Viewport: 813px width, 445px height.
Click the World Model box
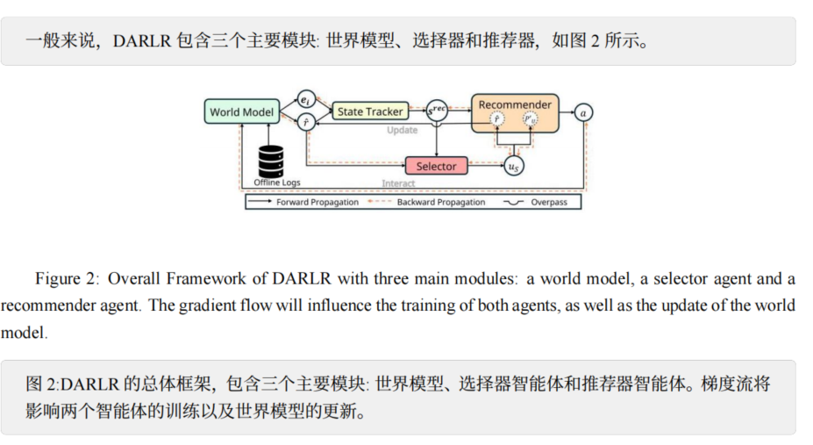[x=242, y=111]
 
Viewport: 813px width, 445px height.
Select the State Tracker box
[x=370, y=111]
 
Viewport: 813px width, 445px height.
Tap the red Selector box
[x=436, y=166]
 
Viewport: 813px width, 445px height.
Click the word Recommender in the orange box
[x=515, y=104]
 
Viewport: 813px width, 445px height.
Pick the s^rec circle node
[x=437, y=111]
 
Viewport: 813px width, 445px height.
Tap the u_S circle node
[x=514, y=166]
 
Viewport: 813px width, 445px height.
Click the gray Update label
[x=403, y=131]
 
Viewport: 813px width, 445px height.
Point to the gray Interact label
[x=398, y=183]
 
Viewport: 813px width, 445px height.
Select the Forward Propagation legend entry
[x=303, y=202]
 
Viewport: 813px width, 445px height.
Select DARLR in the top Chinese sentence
[x=143, y=40]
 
